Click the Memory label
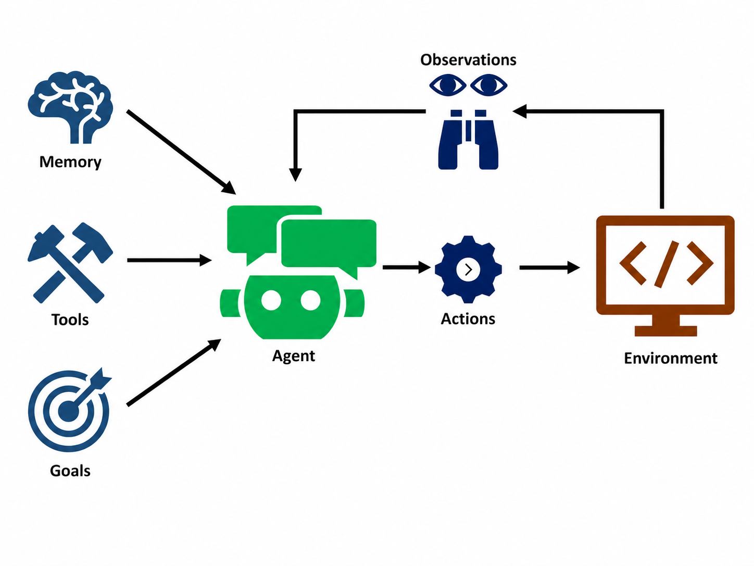click(70, 162)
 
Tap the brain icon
click(70, 107)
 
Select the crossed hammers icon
click(70, 263)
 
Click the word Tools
click(70, 319)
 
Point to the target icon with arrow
click(70, 410)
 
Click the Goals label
click(70, 471)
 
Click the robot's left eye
click(271, 300)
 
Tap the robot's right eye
click(310, 300)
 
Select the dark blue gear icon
click(468, 269)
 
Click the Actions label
click(468, 319)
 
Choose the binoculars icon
click(468, 140)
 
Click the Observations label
click(468, 60)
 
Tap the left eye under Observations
click(448, 85)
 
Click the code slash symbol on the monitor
click(667, 264)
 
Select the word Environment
click(671, 358)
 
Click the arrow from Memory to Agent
click(181, 153)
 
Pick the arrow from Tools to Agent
click(169, 260)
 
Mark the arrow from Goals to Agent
click(174, 373)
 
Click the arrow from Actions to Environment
click(550, 267)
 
